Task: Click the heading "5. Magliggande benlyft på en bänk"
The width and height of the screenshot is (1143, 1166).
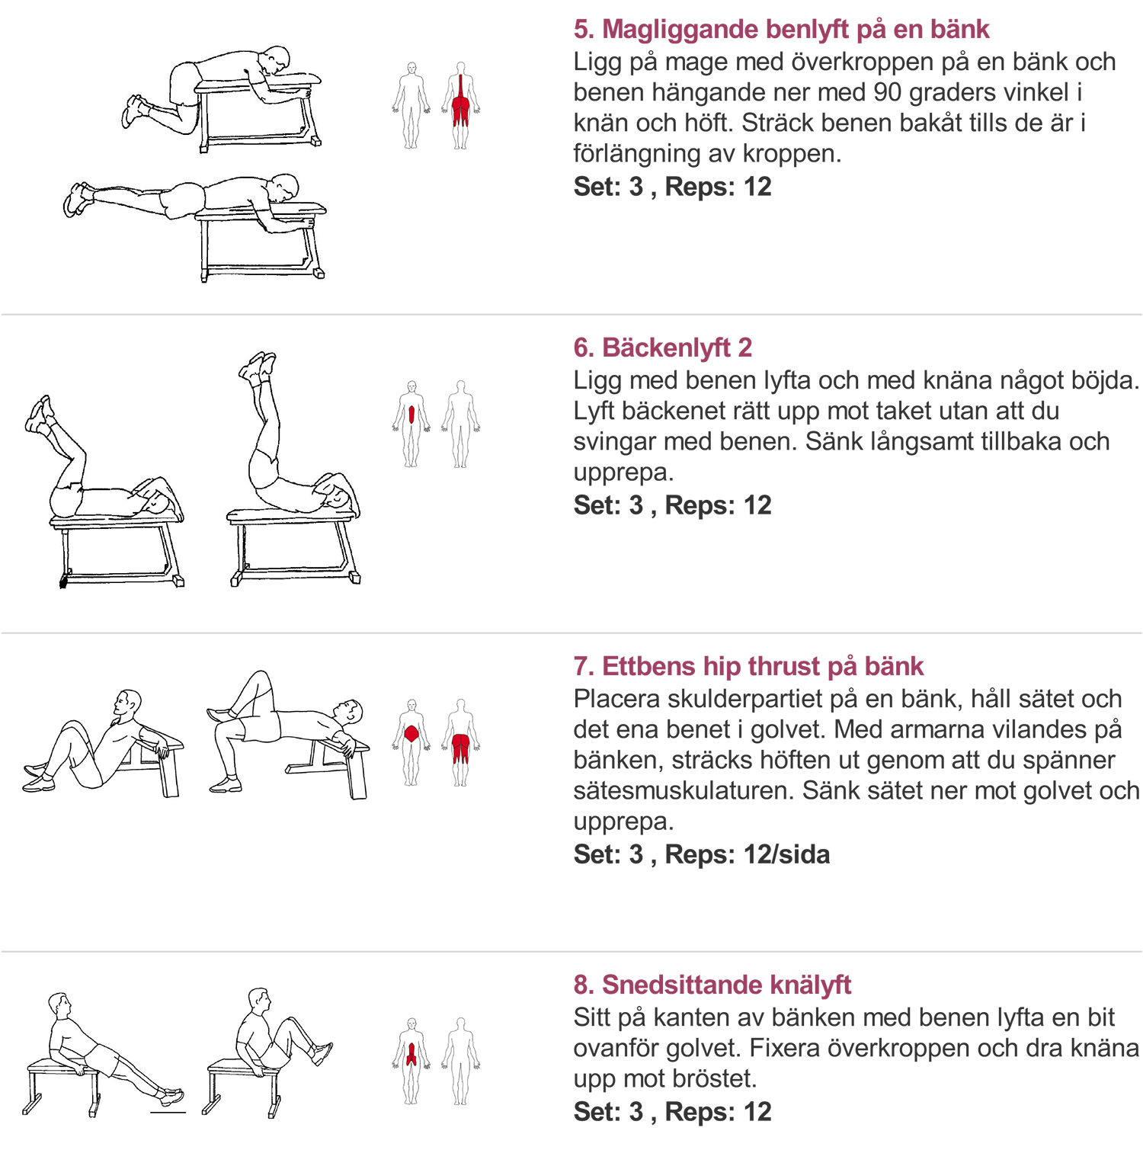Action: point(781,29)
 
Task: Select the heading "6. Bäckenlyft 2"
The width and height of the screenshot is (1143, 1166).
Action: point(663,348)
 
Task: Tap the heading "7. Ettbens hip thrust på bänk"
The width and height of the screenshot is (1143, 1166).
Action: point(748,666)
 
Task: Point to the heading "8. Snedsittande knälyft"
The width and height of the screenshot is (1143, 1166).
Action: point(712,985)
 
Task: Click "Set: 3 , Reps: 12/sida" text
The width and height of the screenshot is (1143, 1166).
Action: point(702,854)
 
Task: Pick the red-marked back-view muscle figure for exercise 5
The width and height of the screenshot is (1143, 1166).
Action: point(460,105)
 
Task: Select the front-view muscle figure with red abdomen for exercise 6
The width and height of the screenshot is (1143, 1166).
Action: point(411,424)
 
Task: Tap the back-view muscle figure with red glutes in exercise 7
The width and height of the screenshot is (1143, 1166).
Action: point(460,742)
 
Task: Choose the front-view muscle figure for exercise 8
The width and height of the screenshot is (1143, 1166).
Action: point(411,1061)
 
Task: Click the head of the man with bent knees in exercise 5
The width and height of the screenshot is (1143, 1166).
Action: point(274,59)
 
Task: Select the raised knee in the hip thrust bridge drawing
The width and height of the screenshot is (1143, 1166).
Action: point(260,677)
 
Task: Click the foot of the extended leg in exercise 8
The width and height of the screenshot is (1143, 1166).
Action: point(171,1097)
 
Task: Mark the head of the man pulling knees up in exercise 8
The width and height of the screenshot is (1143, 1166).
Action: point(259,1000)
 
